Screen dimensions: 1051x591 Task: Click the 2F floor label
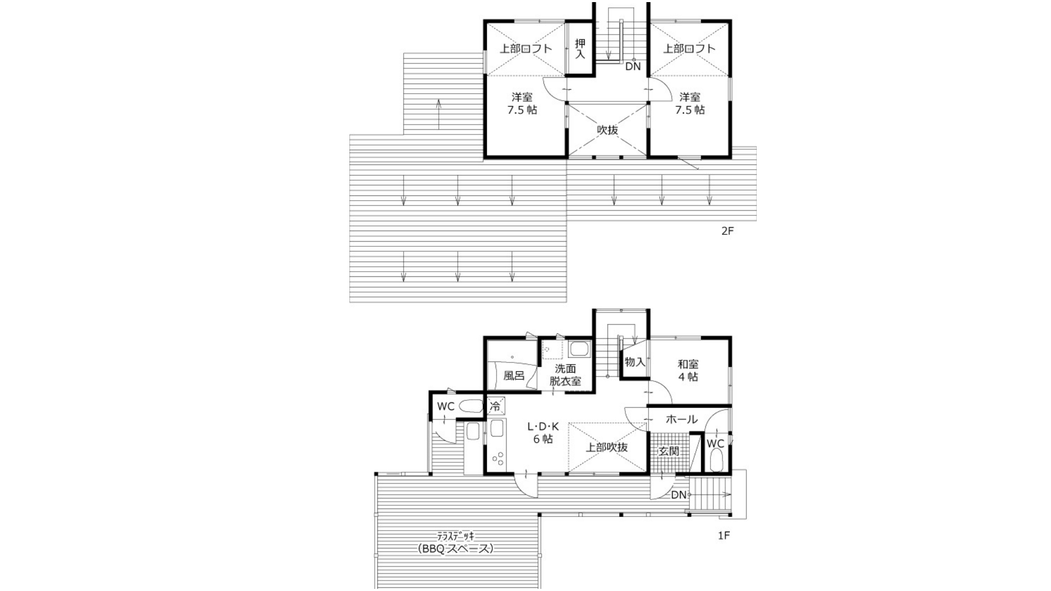(x=727, y=231)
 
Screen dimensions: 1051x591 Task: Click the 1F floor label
(x=724, y=535)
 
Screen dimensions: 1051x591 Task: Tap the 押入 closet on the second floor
(x=580, y=48)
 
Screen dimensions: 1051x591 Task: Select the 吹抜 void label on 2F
(x=607, y=130)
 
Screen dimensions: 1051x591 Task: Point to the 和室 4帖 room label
(x=688, y=370)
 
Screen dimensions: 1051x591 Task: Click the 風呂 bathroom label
(x=513, y=376)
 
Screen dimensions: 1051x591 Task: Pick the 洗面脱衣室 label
(x=565, y=375)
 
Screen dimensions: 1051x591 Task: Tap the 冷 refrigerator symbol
(x=496, y=406)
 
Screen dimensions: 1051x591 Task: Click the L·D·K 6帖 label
(x=543, y=432)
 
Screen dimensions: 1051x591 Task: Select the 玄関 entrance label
(x=669, y=451)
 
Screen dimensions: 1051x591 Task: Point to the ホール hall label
(x=682, y=419)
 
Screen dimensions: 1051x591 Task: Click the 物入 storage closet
(x=635, y=361)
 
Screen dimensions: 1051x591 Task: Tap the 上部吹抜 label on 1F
(x=607, y=448)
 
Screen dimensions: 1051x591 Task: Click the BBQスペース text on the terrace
(x=456, y=549)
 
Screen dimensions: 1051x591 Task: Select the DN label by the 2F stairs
(x=633, y=67)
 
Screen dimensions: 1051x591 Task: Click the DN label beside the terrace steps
(x=678, y=495)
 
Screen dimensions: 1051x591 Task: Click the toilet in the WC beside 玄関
(x=716, y=463)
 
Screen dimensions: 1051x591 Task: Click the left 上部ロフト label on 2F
(x=525, y=49)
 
